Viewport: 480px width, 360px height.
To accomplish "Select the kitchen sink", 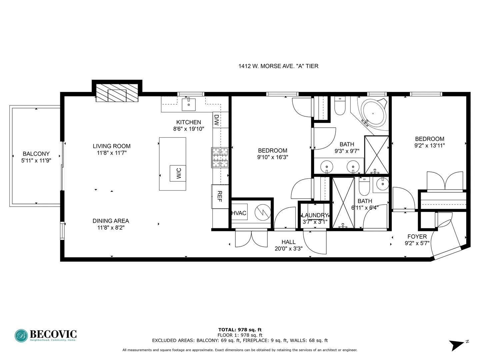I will pos(189,104).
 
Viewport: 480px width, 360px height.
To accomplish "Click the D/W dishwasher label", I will pos(216,120).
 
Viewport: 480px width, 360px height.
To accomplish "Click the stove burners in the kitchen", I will pos(220,158).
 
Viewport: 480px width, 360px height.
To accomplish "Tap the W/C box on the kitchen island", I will pos(178,173).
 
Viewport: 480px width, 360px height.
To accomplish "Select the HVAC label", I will pos(239,213).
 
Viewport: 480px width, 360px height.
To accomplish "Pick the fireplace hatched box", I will pos(117,93).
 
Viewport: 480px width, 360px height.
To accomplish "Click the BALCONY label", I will pos(36,154).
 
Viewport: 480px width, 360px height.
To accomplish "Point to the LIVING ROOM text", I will pos(112,146).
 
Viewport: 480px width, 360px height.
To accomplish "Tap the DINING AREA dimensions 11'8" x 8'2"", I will pos(111,228).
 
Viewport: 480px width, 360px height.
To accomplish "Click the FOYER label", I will pos(417,237).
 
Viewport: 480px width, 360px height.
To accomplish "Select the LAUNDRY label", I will pos(315,215).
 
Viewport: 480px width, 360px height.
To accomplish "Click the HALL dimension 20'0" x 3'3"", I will pos(288,249).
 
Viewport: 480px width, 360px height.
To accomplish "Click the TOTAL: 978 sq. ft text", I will pos(240,330).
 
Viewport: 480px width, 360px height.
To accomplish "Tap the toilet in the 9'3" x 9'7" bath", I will pos(340,107).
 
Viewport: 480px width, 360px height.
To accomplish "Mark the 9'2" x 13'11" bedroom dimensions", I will pos(430,146).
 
